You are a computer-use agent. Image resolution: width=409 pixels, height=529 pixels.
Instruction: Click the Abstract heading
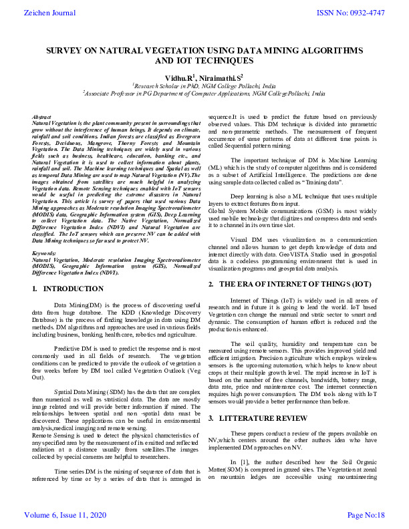(41, 118)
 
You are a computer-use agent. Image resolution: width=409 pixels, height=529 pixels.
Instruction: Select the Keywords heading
(44, 254)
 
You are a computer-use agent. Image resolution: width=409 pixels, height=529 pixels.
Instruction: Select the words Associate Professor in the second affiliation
(108, 94)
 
